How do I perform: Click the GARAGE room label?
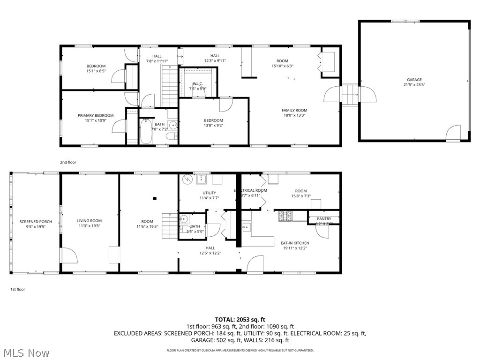coord(414,80)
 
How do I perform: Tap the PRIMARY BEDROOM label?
coord(96,115)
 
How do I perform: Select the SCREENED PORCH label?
coord(36,222)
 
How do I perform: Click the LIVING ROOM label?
coord(90,221)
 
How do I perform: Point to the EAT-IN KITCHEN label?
coord(295,243)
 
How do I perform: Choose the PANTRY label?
coord(324,218)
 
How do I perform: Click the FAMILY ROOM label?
coord(294,110)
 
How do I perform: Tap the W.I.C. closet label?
coord(197,83)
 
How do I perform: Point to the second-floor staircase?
coord(169,86)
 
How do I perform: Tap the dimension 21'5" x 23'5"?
coord(414,85)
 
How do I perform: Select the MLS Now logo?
coord(25,352)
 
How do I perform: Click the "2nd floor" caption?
coord(68,162)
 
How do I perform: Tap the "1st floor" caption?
coord(18,289)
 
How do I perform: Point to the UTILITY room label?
coord(209,193)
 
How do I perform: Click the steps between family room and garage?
coord(350,96)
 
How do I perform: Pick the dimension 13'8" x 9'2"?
coord(213,125)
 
